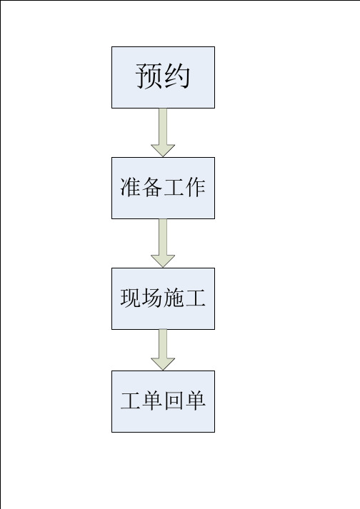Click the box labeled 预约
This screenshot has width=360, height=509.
pos(163,77)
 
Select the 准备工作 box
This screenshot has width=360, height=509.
pos(163,188)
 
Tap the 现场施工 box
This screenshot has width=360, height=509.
pos(163,298)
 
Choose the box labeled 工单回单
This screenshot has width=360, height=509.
pos(163,401)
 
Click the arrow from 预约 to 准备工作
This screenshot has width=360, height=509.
pos(163,133)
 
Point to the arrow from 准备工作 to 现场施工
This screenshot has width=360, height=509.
pos(163,243)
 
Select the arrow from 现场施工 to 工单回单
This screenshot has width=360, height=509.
pos(163,350)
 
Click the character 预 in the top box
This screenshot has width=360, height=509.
pos(149,76)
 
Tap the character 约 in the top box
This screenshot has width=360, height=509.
pos(176,76)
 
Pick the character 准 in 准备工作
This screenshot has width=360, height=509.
pos(131,187)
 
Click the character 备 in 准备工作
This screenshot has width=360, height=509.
pos(152,187)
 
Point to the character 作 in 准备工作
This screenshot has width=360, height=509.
pos(195,187)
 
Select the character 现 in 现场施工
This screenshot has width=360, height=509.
pos(131,298)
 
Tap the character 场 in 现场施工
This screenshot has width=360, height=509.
pos(152,298)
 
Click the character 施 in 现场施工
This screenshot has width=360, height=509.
pos(174,298)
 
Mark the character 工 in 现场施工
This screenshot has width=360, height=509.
pos(195,298)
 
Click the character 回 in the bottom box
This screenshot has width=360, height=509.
pos(174,401)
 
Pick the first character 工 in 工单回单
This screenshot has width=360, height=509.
pos(131,401)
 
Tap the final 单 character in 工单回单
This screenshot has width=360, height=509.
pos(195,401)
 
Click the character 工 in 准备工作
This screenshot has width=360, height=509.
pos(174,187)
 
